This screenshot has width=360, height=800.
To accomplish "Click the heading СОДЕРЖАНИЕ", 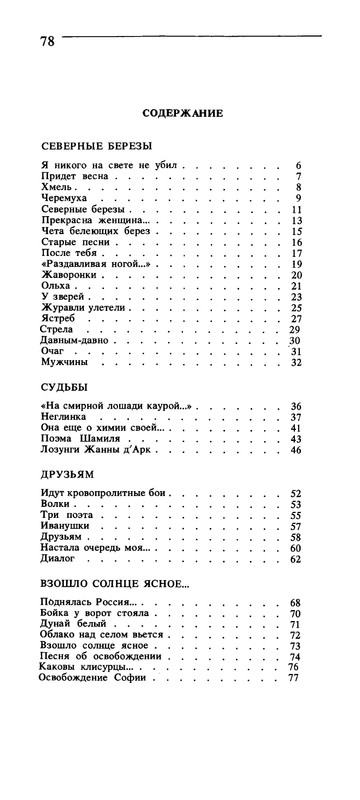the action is coord(181,113).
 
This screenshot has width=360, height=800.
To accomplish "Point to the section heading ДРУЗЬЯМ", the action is coord(66,473).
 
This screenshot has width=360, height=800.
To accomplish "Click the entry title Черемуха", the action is coord(62,199).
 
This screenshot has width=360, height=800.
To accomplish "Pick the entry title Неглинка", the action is coord(64,417).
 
